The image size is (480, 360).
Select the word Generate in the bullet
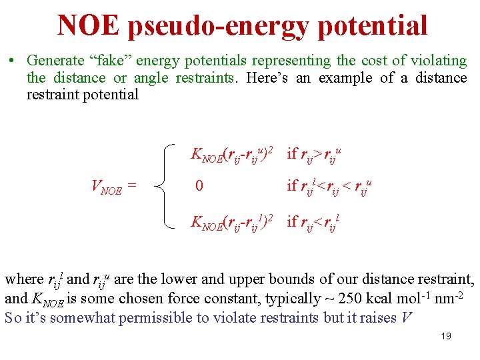pyautogui.click(x=55, y=61)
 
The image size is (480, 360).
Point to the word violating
pyautogui.click(x=437, y=61)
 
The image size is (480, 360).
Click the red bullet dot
pyautogui.click(x=13, y=61)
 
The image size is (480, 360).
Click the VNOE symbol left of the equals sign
pyautogui.click(x=107, y=188)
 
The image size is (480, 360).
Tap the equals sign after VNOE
pyautogui.click(x=132, y=187)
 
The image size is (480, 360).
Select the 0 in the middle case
pyautogui.click(x=199, y=186)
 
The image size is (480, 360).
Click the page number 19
pyautogui.click(x=446, y=336)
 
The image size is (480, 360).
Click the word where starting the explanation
pyautogui.click(x=24, y=279)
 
